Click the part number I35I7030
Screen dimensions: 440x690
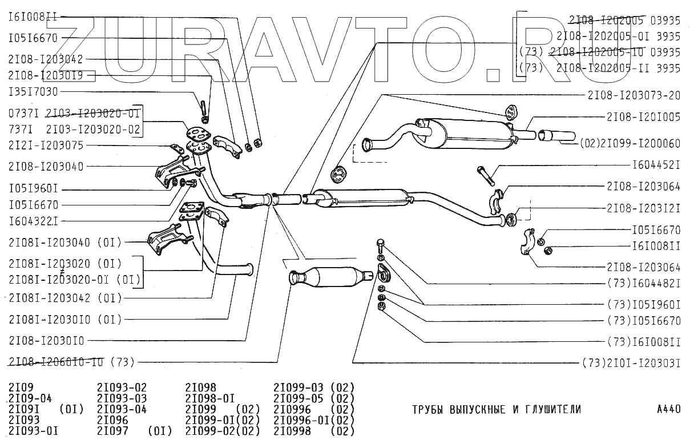tap(33, 91)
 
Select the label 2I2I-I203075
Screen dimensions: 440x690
tap(46, 146)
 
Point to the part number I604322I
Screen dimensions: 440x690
tap(33, 220)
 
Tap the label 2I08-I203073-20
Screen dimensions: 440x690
tap(633, 95)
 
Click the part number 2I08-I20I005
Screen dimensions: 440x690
tap(644, 117)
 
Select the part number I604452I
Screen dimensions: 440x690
tap(656, 165)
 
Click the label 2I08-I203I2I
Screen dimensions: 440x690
tap(644, 209)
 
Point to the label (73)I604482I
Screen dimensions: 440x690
tap(644, 283)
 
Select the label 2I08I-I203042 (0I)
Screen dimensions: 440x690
tap(65, 298)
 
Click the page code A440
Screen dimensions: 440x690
tap(668, 409)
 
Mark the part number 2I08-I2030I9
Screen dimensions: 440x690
tap(46, 75)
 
